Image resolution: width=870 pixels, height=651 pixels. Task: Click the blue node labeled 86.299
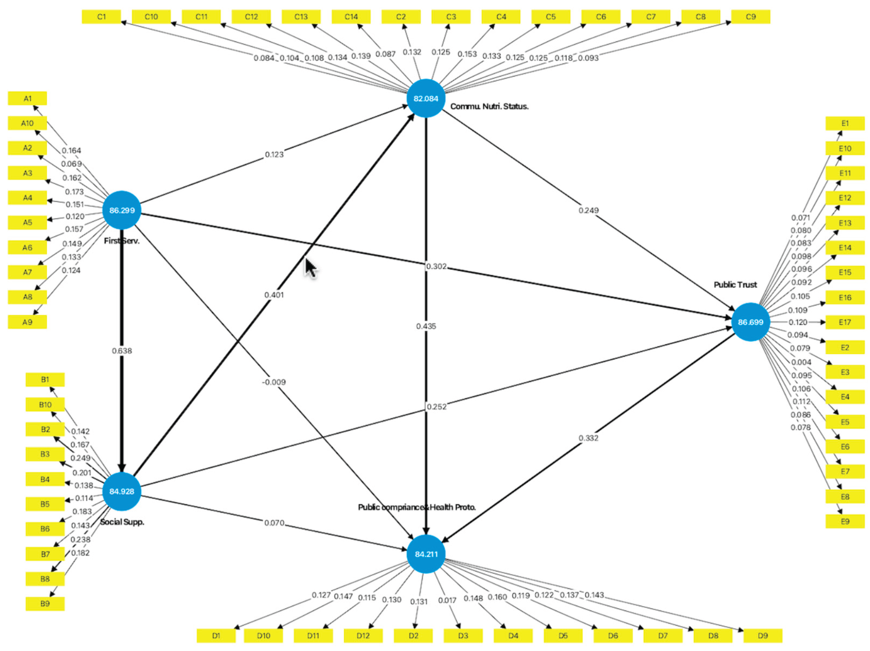pos(122,210)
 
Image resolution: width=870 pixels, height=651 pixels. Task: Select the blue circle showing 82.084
pos(426,98)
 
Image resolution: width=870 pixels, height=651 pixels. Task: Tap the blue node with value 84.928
pos(122,491)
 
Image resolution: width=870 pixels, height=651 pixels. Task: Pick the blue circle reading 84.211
pos(426,554)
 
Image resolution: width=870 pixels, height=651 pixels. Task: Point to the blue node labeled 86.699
pos(751,322)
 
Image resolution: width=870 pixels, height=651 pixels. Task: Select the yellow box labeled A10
pos(27,123)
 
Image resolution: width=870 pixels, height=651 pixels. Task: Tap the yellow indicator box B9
pos(45,603)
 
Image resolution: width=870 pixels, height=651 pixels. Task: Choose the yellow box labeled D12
pos(363,636)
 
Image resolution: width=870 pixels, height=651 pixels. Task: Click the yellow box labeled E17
pos(845,322)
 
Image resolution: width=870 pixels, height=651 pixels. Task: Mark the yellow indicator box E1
pos(845,123)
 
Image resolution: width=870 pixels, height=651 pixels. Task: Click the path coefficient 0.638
pos(122,351)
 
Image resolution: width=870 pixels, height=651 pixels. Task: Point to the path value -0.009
pos(274,382)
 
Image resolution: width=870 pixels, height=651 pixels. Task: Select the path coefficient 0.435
pos(426,326)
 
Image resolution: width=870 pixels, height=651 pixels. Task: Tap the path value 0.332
pos(588,438)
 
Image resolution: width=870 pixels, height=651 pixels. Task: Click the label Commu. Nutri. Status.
pos(489,106)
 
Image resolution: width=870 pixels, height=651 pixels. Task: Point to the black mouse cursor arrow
pos(311,268)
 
